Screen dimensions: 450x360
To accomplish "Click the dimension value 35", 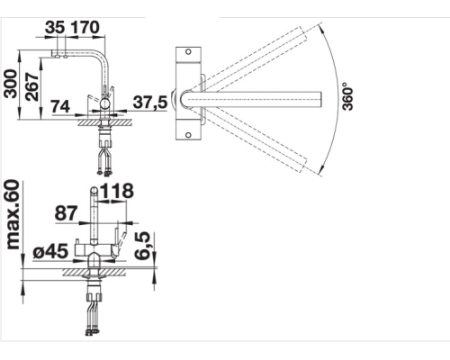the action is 55,27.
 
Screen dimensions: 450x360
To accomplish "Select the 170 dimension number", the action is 85,27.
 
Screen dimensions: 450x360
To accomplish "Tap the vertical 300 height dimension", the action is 11,84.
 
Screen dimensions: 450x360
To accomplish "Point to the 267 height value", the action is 32,86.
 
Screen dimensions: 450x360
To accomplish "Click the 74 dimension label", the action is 60,106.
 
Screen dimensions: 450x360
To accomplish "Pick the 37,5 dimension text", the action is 150,103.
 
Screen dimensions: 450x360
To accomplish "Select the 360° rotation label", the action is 347,96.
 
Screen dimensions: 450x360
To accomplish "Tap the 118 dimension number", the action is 117,191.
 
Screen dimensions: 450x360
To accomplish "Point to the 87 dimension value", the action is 66,213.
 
